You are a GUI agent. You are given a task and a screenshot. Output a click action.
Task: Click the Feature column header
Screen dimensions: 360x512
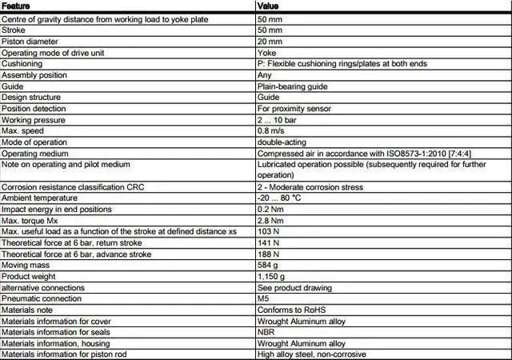pos(17,6)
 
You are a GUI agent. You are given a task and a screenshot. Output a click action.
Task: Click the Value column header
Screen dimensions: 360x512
pos(268,6)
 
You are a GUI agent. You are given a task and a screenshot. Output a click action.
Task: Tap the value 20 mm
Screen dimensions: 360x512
pos(270,41)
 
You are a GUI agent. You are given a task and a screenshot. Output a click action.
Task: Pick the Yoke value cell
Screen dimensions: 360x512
pos(266,52)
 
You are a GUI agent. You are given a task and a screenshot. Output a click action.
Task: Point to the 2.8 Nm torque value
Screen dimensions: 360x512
pos(270,220)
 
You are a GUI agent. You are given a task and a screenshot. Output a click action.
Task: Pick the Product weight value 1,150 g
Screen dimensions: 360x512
pos(272,276)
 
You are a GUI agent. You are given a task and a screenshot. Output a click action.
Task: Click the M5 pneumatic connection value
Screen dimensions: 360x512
pos(263,298)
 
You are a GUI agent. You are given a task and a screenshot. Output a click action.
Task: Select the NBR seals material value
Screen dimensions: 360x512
pos(266,332)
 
